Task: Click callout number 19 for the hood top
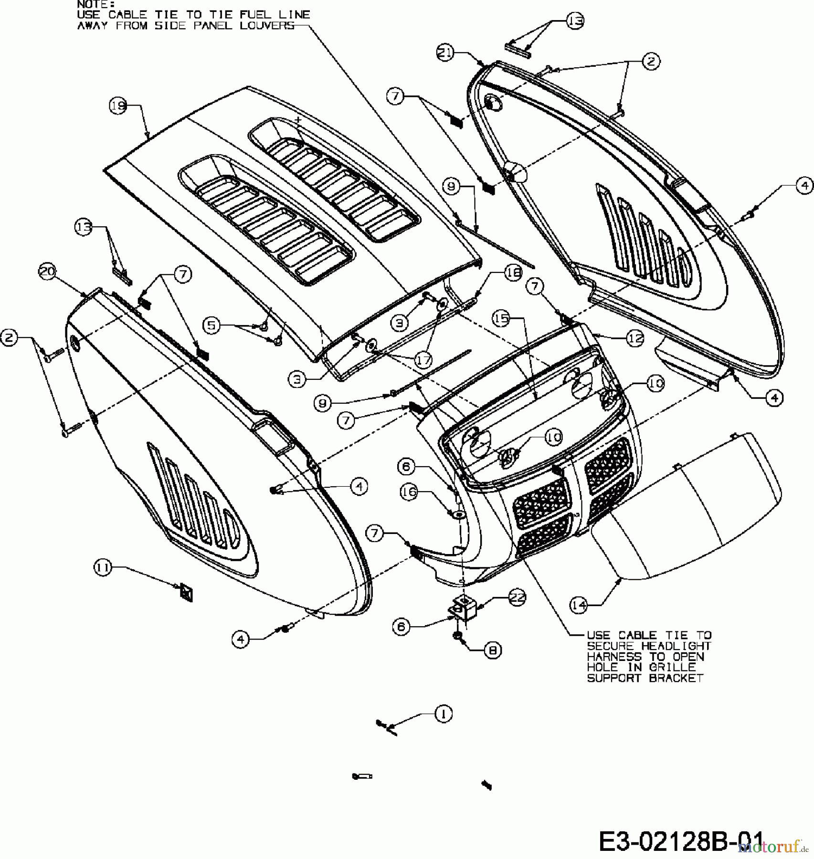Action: (118, 105)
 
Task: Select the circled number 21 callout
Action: (445, 53)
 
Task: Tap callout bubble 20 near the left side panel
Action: (47, 272)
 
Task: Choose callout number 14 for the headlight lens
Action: (579, 605)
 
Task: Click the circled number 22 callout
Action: (517, 597)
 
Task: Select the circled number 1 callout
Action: (444, 713)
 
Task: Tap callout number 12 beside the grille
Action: (635, 338)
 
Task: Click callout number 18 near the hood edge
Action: (513, 273)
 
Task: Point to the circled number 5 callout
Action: (211, 325)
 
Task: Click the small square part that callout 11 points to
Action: (185, 593)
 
